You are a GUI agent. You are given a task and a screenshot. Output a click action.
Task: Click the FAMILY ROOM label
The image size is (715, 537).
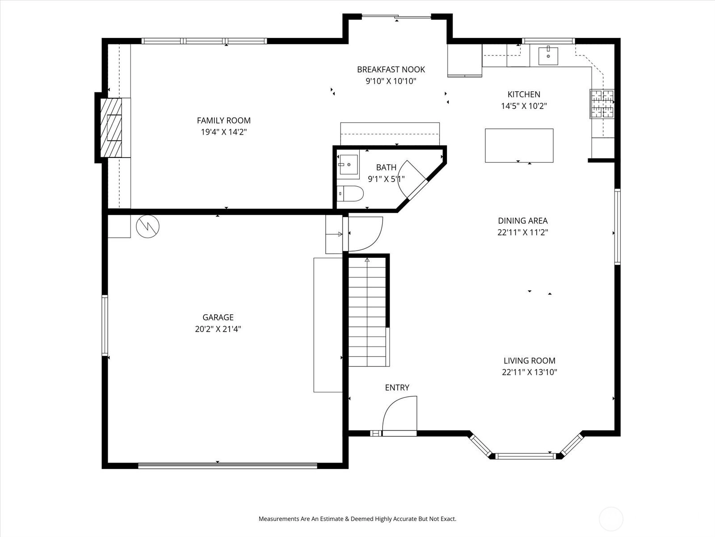[224, 120]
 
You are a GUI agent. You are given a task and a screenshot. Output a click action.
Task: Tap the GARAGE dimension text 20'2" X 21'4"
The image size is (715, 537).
[218, 329]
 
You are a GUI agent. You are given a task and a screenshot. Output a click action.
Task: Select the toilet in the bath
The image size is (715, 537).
[350, 194]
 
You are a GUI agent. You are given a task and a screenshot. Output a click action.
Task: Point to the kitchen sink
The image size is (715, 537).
[548, 56]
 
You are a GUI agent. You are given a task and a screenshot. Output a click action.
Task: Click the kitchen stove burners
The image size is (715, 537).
[601, 104]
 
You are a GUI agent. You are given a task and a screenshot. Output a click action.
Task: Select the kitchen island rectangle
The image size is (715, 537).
[519, 145]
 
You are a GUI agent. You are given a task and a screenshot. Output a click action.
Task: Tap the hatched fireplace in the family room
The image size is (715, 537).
[111, 128]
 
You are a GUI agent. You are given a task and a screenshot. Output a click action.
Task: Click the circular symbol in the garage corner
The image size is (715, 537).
[147, 226]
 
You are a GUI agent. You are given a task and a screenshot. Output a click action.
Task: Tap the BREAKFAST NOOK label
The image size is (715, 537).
[391, 69]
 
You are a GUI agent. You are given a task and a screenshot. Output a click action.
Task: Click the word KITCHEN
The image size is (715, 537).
[524, 94]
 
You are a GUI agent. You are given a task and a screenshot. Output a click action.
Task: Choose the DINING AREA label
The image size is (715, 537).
[523, 221]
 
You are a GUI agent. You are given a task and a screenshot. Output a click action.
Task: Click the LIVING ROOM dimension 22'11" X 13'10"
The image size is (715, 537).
[530, 372]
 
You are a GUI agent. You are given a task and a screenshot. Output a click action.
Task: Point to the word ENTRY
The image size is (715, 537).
[397, 388]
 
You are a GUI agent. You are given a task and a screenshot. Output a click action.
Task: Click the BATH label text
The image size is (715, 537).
[387, 167]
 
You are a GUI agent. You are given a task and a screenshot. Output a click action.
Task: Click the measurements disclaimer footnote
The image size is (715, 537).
[357, 519]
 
